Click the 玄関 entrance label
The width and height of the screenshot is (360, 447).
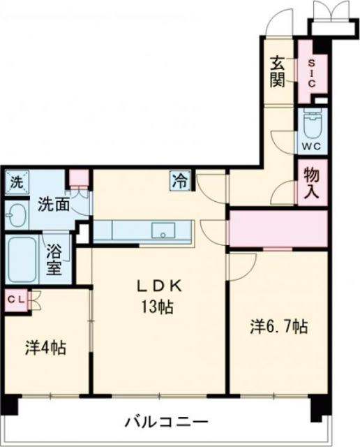click(x=276, y=71)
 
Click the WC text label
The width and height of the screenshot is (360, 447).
click(x=310, y=147)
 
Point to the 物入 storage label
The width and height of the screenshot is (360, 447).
click(x=311, y=183)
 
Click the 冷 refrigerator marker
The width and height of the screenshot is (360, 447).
click(x=179, y=182)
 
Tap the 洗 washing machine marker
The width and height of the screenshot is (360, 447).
click(x=15, y=184)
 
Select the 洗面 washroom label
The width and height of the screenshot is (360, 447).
click(x=52, y=205)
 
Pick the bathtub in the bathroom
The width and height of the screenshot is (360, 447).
click(x=22, y=258)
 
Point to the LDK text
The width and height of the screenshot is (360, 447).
click(x=159, y=285)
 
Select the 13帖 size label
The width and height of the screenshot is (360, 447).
click(x=159, y=306)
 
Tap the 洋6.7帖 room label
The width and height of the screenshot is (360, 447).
click(x=279, y=325)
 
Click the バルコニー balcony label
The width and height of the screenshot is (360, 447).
click(x=166, y=422)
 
